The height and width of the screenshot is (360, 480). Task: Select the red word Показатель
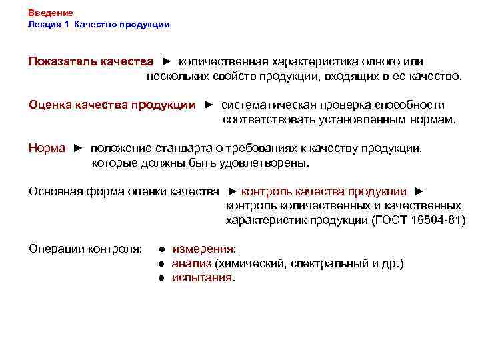click(63, 61)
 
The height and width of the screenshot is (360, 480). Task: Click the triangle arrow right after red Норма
click(78, 148)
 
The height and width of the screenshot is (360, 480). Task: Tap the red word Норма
click(47, 148)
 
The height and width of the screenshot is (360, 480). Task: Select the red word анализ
click(187, 264)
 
